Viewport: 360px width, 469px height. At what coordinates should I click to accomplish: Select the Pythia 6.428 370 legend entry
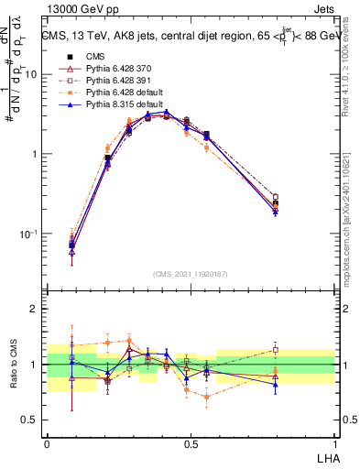(114, 69)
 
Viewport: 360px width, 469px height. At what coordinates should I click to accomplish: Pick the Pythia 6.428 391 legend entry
(114, 82)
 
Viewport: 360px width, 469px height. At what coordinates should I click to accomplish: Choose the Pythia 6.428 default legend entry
(118, 93)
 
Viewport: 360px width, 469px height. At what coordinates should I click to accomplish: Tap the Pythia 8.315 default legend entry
(118, 106)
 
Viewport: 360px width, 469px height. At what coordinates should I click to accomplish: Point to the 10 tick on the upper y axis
(32, 74)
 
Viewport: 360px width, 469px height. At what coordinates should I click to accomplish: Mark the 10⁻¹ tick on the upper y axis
(29, 234)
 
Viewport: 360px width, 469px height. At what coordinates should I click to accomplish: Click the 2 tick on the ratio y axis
(35, 309)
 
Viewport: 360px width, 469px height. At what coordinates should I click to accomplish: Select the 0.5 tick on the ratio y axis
(31, 420)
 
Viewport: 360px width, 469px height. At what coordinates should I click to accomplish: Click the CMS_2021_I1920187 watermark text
(191, 273)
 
